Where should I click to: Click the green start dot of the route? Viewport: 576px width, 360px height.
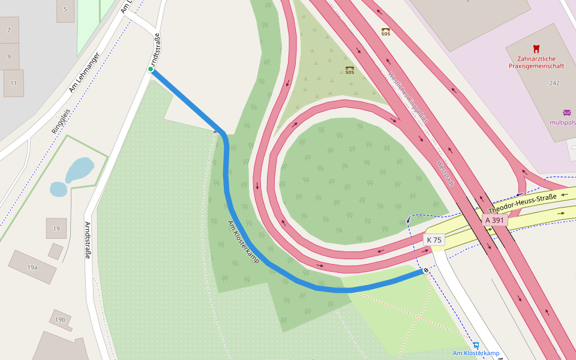[x=151, y=70]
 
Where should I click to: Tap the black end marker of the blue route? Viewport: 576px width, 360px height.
[x=425, y=271]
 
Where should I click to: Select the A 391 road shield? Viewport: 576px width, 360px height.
[x=495, y=220]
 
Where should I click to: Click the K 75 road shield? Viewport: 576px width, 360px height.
[x=434, y=240]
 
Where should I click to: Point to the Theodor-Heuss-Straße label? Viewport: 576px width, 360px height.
[x=522, y=203]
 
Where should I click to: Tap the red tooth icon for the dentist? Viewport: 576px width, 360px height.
[x=536, y=49]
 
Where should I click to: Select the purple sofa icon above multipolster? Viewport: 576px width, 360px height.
[x=566, y=112]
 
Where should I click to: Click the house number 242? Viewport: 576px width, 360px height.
[x=554, y=83]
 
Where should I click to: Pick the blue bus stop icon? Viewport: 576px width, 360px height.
[x=476, y=345]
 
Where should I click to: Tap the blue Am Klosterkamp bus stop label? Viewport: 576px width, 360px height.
[x=476, y=353]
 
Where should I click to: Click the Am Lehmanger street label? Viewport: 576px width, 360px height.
[x=84, y=73]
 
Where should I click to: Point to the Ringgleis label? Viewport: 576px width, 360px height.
[x=61, y=121]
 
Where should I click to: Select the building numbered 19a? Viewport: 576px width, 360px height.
[x=32, y=267]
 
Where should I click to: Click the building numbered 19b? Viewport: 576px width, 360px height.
[x=60, y=320]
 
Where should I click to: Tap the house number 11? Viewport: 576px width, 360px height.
[x=13, y=83]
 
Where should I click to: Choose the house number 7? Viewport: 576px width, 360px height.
[x=8, y=30]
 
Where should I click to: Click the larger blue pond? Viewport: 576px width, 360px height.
[x=79, y=169]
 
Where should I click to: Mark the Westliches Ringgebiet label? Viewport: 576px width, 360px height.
[x=408, y=98]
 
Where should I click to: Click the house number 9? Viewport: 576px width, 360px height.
[x=8, y=56]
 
